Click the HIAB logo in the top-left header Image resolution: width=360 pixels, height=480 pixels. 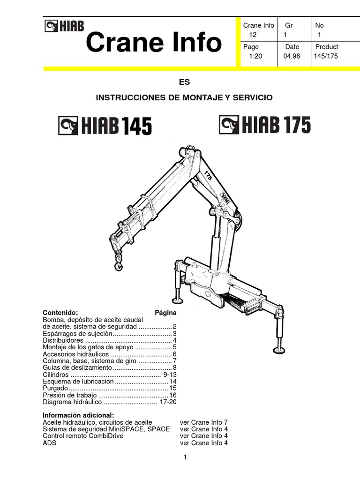click(64, 26)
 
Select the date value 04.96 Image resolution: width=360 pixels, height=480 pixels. click(291, 56)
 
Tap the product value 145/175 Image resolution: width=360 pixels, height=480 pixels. click(326, 56)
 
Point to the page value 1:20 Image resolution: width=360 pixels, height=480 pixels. click(255, 56)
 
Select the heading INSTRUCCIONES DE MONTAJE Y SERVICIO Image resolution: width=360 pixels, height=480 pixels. click(184, 97)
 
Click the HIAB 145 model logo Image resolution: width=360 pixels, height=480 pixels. click(105, 126)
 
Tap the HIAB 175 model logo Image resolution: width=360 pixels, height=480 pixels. click(265, 125)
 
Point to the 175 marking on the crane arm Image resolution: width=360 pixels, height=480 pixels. click(209, 176)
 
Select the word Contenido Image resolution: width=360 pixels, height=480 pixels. click(60, 312)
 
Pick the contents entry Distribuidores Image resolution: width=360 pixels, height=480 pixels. click(63, 340)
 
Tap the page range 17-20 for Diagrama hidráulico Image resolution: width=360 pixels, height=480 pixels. click(167, 402)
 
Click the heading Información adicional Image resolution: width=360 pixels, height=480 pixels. click(78, 415)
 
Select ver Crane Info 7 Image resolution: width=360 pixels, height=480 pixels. click(204, 422)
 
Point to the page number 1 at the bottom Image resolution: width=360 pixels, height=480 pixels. click(186, 457)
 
